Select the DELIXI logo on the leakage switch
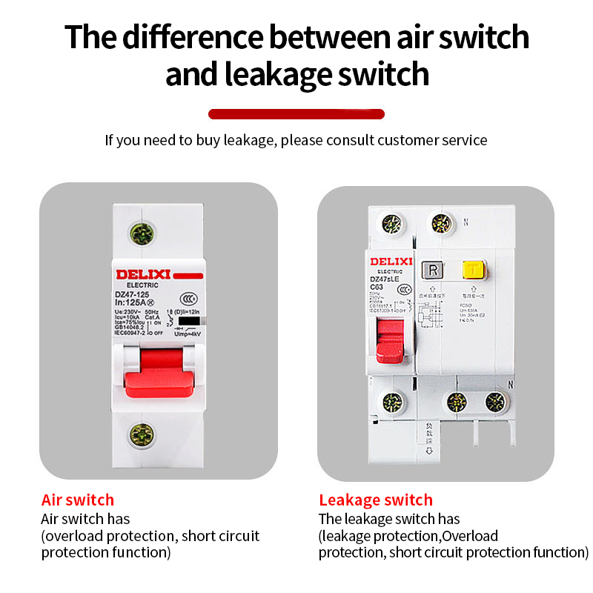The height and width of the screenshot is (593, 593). click(391, 261)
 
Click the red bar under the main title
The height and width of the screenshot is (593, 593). click(296, 114)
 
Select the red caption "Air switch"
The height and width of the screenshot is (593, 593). click(78, 500)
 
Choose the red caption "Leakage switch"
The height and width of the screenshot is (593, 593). click(376, 500)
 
